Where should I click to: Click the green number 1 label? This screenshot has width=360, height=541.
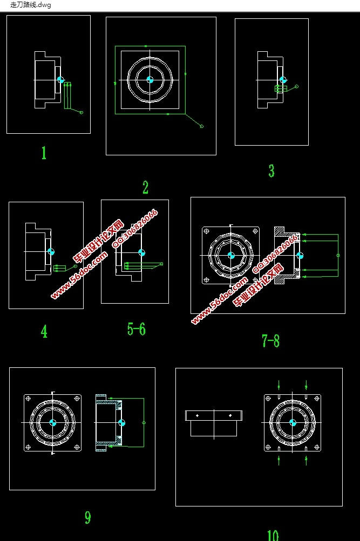(44, 153)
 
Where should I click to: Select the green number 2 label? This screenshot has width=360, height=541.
(145, 187)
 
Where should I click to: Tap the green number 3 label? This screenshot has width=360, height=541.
(271, 171)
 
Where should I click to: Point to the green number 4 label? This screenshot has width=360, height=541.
(44, 331)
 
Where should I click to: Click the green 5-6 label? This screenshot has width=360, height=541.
(137, 329)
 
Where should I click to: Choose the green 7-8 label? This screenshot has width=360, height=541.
(270, 341)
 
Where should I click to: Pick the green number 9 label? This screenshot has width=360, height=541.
(88, 517)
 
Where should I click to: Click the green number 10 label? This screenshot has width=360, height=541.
(273, 536)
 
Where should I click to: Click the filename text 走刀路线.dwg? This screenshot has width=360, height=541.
(31, 5)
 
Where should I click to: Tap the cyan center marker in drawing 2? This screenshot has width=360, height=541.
(150, 80)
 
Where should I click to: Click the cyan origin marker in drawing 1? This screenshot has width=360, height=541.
(61, 80)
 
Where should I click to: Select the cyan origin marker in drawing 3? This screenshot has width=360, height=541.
(283, 80)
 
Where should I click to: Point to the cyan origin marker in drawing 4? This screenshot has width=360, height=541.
(51, 251)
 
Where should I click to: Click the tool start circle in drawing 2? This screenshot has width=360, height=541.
(202, 126)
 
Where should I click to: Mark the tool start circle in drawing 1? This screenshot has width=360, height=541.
(81, 113)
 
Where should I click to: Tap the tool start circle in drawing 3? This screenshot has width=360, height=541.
(297, 87)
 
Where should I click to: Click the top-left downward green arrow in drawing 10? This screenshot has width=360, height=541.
(279, 385)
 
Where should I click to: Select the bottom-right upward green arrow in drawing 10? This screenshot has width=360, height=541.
(306, 460)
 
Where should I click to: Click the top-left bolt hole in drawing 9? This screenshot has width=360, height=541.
(28, 399)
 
